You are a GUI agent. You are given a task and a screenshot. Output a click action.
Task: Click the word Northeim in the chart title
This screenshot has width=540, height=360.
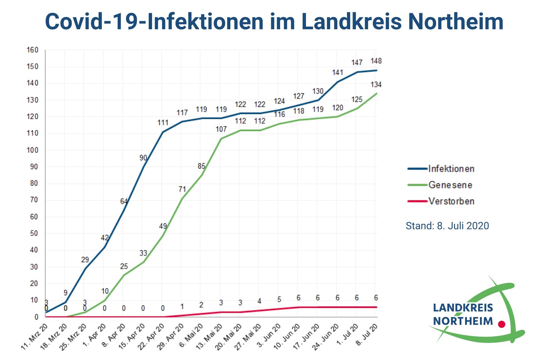click(455, 21)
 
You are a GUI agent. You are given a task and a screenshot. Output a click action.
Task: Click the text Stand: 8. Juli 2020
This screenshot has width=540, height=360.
click(447, 226)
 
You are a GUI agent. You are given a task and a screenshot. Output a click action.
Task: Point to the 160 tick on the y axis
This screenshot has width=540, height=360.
click(32, 50)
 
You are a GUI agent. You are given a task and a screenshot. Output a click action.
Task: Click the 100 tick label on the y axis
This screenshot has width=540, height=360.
click(32, 150)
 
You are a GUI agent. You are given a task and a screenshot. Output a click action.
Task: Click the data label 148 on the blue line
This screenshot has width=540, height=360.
click(376, 61)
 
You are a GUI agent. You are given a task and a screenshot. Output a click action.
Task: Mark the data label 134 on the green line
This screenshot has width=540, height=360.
click(376, 84)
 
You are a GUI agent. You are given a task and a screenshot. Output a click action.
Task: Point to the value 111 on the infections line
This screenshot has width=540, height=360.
click(163, 123)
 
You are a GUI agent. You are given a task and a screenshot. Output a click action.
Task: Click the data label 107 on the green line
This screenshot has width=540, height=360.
click(221, 129)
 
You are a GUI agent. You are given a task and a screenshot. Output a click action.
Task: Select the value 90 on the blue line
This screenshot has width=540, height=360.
click(143, 158)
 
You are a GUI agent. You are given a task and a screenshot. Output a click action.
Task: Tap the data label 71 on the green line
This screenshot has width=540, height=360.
click(182, 189)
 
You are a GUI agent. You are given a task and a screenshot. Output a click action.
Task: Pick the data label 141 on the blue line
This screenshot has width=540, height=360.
click(337, 73)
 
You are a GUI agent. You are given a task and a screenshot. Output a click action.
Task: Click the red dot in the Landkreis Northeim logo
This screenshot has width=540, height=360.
click(501, 324)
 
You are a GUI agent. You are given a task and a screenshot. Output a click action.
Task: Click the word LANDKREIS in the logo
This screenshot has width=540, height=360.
click(463, 308)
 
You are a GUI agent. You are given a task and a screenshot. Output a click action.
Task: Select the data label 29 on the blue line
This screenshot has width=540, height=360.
click(85, 260)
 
